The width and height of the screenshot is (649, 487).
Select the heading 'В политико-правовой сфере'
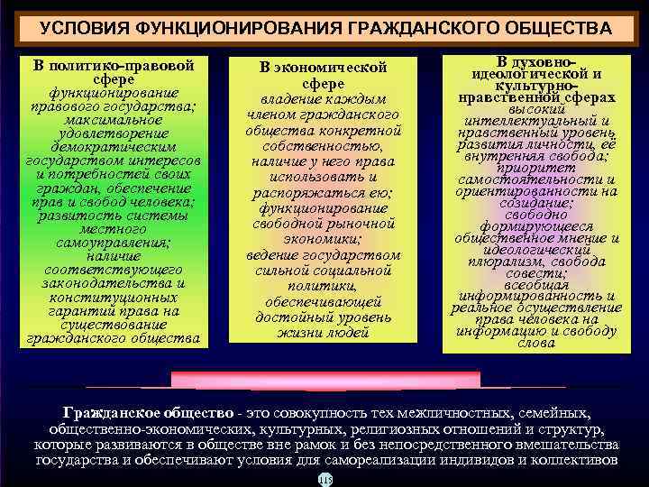113,73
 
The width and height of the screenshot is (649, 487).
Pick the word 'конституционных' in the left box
113,298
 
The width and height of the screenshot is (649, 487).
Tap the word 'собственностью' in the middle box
323,146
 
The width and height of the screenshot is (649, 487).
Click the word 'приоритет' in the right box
542,167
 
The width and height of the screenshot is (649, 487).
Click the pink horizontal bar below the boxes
325,379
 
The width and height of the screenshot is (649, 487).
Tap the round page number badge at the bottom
324,479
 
